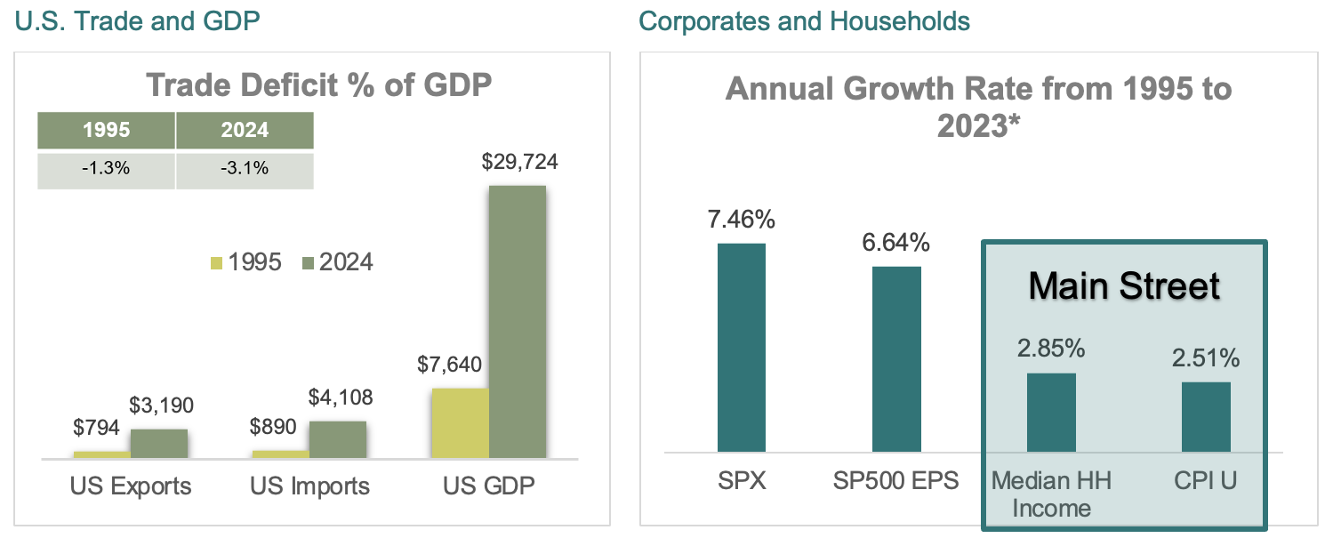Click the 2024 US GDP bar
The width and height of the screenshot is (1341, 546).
point(517,322)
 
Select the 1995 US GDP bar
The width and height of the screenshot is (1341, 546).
point(459,423)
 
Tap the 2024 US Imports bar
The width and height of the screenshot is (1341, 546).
point(338,439)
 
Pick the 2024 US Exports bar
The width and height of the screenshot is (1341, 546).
point(159,443)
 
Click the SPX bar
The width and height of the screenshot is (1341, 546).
point(742,348)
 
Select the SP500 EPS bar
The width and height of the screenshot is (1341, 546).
point(896,359)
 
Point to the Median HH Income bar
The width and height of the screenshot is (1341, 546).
point(1051,413)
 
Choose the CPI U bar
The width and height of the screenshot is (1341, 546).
point(1206,417)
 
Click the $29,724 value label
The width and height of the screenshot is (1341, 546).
point(518,163)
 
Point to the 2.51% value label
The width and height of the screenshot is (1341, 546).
point(1206,358)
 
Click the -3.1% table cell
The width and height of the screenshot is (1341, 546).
point(245,169)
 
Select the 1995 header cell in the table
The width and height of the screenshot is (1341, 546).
point(106,130)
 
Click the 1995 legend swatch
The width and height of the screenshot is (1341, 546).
point(216,262)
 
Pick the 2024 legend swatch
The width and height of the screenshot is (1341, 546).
point(308,262)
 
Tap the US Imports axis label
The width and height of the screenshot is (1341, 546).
point(309,486)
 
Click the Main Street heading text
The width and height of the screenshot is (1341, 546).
point(1124,286)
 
